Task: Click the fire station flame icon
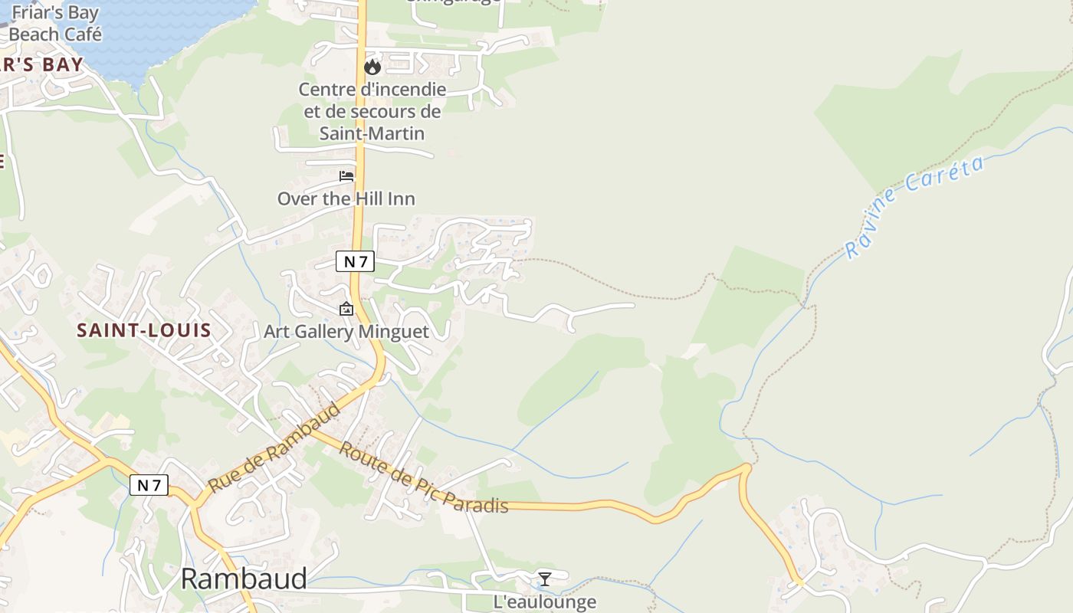click(x=372, y=67)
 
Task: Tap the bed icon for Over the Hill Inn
click(x=346, y=176)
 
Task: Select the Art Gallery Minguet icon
click(x=346, y=310)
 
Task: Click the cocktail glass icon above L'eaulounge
click(x=544, y=579)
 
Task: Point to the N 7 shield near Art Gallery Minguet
click(x=355, y=261)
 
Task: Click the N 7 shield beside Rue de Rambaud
click(x=149, y=485)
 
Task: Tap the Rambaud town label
click(x=244, y=579)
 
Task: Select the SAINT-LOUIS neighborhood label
click(x=144, y=331)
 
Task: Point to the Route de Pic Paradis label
click(x=423, y=477)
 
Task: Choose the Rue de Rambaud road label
click(x=274, y=449)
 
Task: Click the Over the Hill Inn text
click(x=346, y=199)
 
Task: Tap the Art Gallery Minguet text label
click(x=346, y=332)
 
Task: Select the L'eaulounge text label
click(x=544, y=602)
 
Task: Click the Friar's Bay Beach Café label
click(x=55, y=23)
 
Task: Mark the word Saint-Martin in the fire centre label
click(x=372, y=133)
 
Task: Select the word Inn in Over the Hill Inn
click(x=401, y=199)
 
